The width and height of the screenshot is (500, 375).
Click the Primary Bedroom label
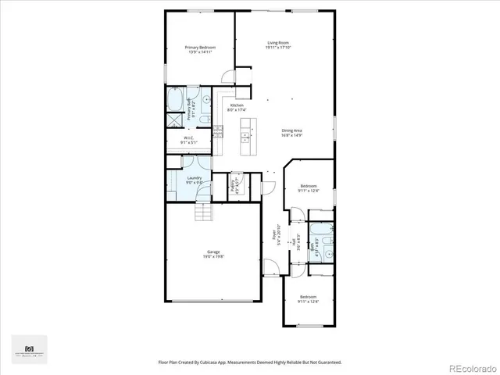coord(200,50)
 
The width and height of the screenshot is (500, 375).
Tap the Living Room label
coord(278,45)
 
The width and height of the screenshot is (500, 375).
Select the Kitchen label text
coord(237,108)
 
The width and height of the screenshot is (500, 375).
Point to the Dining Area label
coord(293,133)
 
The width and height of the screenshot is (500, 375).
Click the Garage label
coord(212,254)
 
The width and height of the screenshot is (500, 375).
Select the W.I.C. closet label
coord(189,141)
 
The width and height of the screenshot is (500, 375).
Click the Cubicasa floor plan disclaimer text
coord(249,362)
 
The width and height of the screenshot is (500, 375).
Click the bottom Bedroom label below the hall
coord(309,298)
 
